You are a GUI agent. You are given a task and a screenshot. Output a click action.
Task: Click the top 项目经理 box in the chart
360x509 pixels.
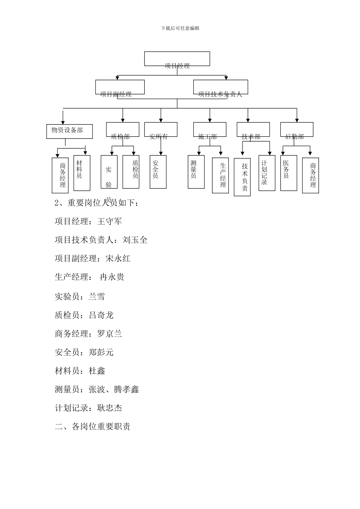coord(177,59)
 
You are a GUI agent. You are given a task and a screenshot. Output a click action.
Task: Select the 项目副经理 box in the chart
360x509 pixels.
coord(120,87)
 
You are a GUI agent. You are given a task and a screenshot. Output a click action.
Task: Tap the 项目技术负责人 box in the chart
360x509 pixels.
coord(221,87)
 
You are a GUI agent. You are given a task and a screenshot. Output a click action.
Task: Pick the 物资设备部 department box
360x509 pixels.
coord(69,131)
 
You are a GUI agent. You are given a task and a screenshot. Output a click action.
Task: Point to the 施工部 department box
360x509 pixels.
coord(210,130)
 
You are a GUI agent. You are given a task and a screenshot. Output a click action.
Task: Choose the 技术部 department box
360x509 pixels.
coord(253,130)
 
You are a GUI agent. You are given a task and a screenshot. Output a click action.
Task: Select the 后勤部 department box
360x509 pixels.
coord(297,130)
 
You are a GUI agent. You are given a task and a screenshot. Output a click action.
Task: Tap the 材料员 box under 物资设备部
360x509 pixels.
coord(82,173)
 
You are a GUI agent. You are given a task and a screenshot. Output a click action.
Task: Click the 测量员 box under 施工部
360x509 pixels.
coord(196,172)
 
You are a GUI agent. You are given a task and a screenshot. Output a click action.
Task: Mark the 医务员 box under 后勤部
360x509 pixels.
coord(289,173)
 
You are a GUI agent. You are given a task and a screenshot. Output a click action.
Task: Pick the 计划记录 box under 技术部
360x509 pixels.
coord(267,173)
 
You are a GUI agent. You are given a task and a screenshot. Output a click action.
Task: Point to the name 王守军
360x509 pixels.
coord(110,222)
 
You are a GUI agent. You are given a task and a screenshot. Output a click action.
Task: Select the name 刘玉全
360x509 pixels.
coord(135,240)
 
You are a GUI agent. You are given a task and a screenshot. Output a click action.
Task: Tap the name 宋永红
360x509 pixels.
coord(118,259)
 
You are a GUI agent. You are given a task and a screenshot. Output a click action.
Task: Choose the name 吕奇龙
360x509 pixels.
coord(101,315)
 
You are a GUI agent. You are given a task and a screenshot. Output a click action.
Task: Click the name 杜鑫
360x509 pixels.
coord(97,371)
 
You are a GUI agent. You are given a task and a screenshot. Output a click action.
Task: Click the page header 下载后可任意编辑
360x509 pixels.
coord(180,28)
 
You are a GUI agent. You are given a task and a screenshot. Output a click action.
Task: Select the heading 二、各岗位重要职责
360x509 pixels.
coord(93,426)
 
